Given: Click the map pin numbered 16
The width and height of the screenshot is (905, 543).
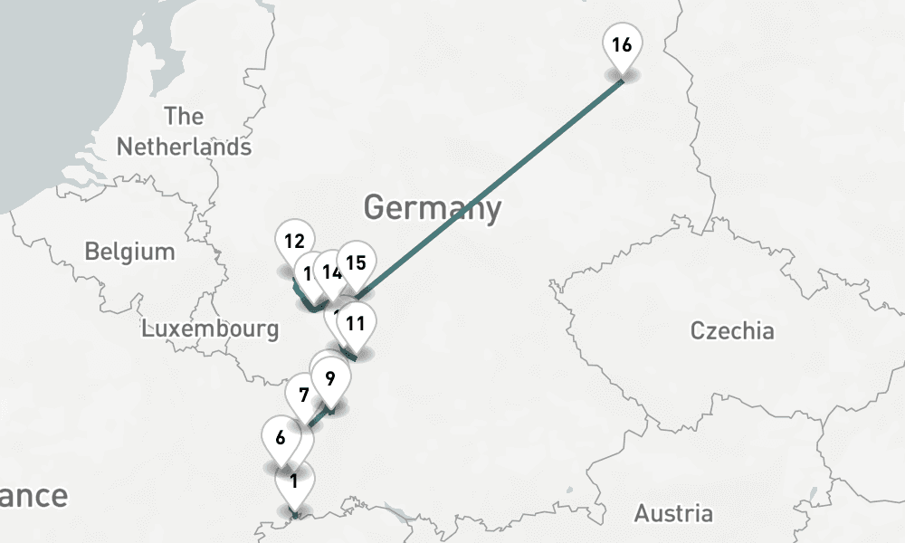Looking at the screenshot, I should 622,46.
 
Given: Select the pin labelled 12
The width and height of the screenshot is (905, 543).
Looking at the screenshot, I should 293,243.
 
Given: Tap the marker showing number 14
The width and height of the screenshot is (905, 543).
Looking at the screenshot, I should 333,271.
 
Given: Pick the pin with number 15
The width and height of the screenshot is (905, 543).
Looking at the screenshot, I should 357,263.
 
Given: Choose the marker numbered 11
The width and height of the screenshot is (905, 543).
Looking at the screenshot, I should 356,323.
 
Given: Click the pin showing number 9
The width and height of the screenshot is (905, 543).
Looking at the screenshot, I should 330,378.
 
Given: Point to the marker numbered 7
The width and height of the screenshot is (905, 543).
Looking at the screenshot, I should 303,395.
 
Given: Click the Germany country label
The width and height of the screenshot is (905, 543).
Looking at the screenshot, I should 432,207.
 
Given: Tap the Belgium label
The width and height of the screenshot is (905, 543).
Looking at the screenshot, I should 129,251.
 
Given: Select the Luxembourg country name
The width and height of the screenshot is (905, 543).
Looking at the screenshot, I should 210,329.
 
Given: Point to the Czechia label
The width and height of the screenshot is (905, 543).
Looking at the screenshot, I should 732,330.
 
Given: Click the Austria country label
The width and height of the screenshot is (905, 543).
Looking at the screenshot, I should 672,514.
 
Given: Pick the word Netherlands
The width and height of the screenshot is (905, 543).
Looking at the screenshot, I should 184,147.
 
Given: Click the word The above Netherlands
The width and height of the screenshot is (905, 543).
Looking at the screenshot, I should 184,117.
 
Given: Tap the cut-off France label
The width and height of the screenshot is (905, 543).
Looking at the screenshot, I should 33,496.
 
